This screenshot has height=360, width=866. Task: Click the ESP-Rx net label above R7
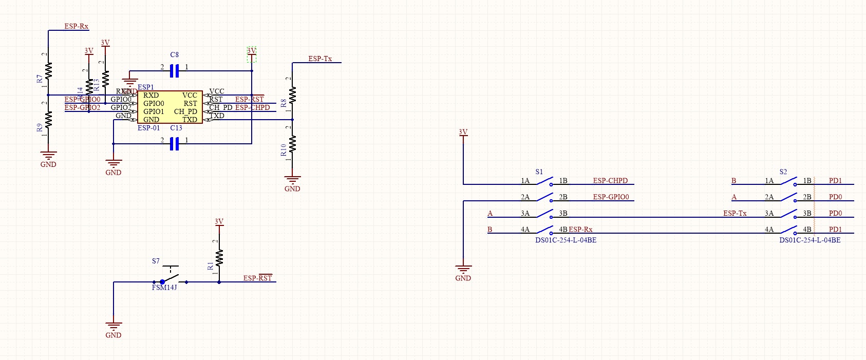pyautogui.click(x=76, y=26)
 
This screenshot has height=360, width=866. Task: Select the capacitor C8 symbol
pyautogui.click(x=174, y=71)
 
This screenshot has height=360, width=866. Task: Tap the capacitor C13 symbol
pyautogui.click(x=174, y=144)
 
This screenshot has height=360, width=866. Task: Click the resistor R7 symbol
pyautogui.click(x=48, y=71)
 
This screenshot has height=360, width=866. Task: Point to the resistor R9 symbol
pyautogui.click(x=48, y=120)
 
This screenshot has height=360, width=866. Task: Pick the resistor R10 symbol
pyautogui.click(x=292, y=144)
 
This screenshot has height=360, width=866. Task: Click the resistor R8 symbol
pyautogui.click(x=292, y=95)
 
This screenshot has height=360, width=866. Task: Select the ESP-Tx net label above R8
pyautogui.click(x=320, y=59)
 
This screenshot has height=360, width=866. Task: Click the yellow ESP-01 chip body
pyautogui.click(x=170, y=107)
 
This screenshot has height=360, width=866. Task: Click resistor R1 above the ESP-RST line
pyautogui.click(x=219, y=257)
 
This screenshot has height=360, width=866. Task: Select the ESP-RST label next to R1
pyautogui.click(x=257, y=278)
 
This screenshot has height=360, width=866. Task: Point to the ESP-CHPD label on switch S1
pyautogui.click(x=610, y=181)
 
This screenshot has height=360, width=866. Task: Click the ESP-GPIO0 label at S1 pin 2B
pyautogui.click(x=611, y=197)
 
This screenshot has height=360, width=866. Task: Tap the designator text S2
pyautogui.click(x=783, y=172)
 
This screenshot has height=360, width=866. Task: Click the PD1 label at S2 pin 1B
pyautogui.click(x=835, y=181)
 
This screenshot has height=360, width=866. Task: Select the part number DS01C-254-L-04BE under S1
pyautogui.click(x=566, y=240)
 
